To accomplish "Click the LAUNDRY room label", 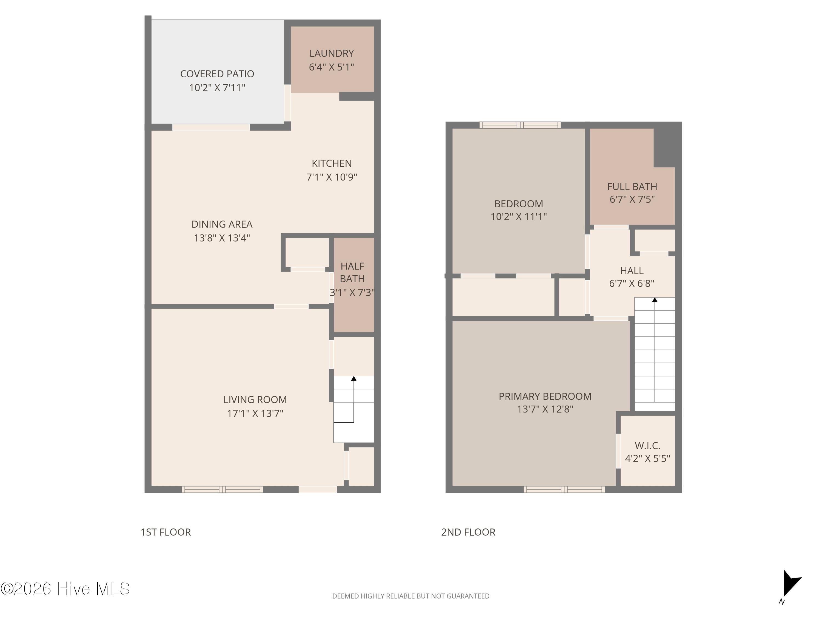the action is click(332, 53).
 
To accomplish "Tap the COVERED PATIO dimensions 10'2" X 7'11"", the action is click(217, 88).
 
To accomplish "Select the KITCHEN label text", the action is click(332, 163).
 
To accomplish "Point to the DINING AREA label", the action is click(222, 224).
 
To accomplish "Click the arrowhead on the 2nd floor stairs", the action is click(655, 300).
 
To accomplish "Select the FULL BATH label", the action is click(632, 187).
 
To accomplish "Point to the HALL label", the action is click(632, 271).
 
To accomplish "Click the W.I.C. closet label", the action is click(647, 446).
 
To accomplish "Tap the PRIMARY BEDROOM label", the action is click(545, 397).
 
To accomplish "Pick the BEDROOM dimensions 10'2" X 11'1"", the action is click(519, 216).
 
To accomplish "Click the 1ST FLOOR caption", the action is click(166, 532).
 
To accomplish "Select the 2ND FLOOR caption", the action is click(468, 532).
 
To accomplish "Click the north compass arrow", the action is click(790, 583).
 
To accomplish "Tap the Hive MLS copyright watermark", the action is click(65, 589).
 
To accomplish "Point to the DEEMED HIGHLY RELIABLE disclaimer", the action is click(411, 596).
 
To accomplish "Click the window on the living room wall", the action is click(222, 489).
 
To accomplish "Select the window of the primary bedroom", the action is click(564, 489).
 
